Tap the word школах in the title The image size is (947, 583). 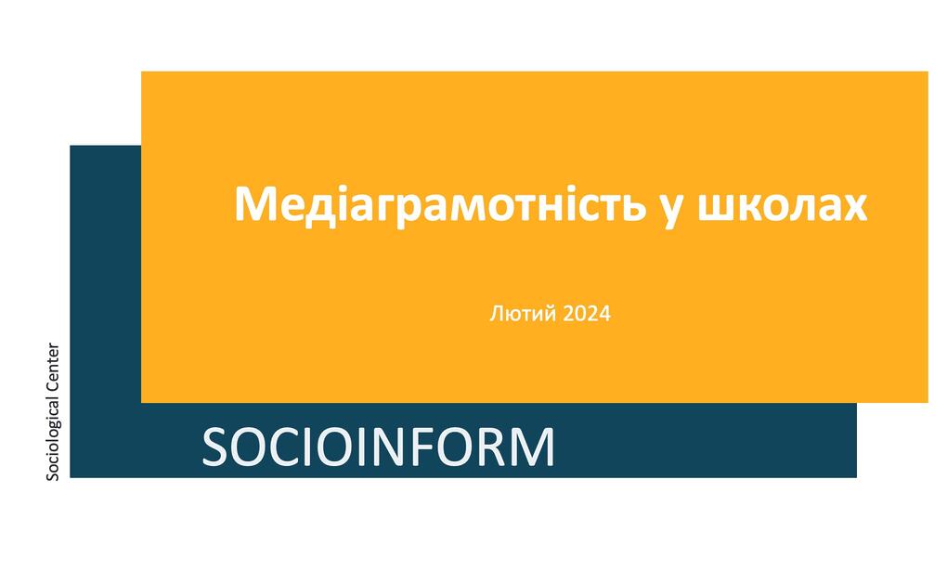pos(783,206)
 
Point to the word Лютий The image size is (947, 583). pos(523,314)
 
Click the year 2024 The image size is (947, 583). pos(587,314)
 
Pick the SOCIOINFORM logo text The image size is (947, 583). pos(378,447)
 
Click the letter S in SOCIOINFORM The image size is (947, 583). pos(215,447)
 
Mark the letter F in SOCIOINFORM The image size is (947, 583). pos(422,447)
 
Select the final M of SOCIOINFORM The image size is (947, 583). pos(533,447)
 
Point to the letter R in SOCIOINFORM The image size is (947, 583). pos(493,447)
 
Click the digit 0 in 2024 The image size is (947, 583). pos(580,314)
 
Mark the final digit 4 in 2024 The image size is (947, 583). pos(605,314)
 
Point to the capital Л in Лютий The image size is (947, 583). pos(496,314)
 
